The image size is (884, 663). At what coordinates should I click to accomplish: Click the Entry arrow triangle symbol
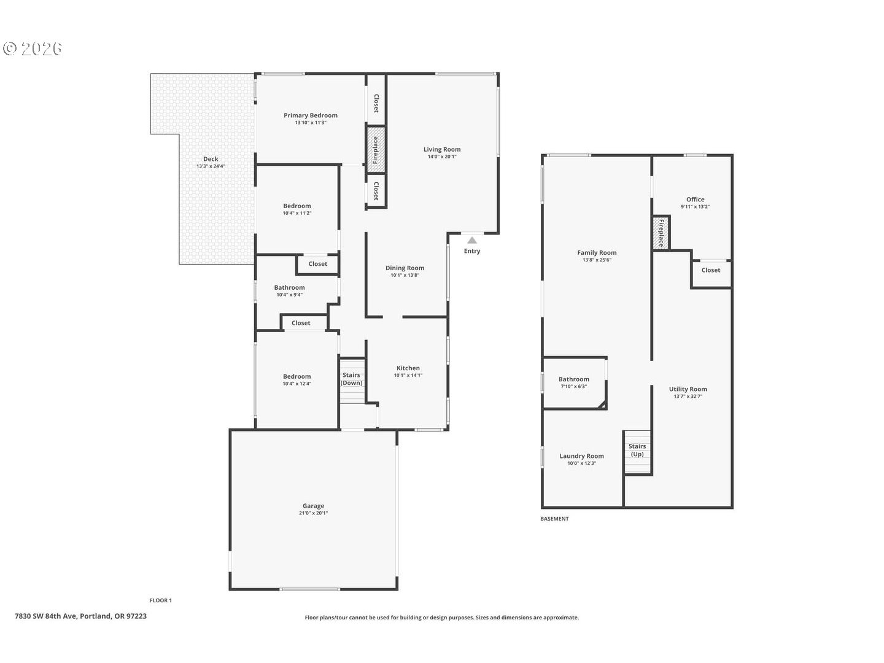click(x=471, y=240)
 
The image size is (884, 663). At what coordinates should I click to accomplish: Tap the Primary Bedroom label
click(x=310, y=115)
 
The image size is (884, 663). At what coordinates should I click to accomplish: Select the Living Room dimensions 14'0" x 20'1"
click(x=441, y=157)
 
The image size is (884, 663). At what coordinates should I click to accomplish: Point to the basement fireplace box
click(x=661, y=233)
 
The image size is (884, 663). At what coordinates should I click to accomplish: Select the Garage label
click(x=313, y=506)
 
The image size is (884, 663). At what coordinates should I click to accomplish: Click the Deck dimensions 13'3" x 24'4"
click(x=211, y=166)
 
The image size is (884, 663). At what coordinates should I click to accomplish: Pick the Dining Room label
click(x=405, y=268)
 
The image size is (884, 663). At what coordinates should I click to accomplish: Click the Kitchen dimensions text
click(x=408, y=375)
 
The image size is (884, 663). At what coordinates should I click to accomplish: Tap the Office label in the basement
click(x=695, y=199)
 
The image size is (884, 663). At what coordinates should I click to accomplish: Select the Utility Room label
click(x=688, y=389)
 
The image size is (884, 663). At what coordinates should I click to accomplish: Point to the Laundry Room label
click(x=581, y=456)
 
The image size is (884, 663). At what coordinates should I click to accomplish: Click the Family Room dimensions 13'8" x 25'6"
click(x=596, y=260)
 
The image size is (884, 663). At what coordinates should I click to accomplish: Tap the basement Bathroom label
click(x=573, y=379)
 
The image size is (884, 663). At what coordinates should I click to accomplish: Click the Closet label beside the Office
click(x=710, y=270)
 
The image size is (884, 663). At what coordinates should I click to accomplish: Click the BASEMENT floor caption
click(x=554, y=519)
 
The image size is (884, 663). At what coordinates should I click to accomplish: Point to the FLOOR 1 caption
click(x=161, y=600)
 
